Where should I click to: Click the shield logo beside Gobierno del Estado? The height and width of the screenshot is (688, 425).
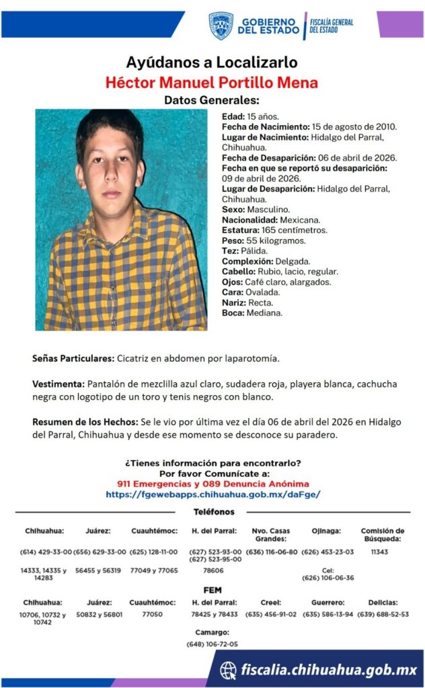click(x=221, y=26)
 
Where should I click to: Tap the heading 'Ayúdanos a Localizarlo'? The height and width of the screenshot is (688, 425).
click(x=212, y=62)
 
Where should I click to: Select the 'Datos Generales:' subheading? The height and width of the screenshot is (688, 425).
click(x=212, y=100)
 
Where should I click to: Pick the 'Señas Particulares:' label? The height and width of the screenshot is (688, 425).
click(x=73, y=358)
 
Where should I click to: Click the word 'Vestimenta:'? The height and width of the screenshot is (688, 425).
click(x=59, y=384)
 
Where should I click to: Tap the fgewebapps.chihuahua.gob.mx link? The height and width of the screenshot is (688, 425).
click(x=212, y=494)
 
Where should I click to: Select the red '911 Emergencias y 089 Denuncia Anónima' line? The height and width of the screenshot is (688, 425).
click(x=212, y=484)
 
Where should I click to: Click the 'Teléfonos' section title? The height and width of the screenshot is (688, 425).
click(x=212, y=512)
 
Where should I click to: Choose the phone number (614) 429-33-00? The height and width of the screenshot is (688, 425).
click(x=45, y=552)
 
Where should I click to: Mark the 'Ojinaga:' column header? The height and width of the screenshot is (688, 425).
click(x=325, y=531)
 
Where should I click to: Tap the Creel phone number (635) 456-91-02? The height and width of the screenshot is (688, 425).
click(x=271, y=614)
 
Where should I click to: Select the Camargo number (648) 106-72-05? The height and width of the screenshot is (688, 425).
click(x=212, y=644)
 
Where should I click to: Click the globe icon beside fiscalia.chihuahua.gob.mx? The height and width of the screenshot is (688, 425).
click(x=229, y=670)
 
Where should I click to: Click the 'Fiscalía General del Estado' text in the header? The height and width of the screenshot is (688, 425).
click(x=332, y=26)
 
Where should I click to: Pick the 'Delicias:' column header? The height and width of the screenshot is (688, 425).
click(x=383, y=603)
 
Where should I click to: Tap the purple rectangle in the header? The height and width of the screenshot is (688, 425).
click(x=399, y=24)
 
